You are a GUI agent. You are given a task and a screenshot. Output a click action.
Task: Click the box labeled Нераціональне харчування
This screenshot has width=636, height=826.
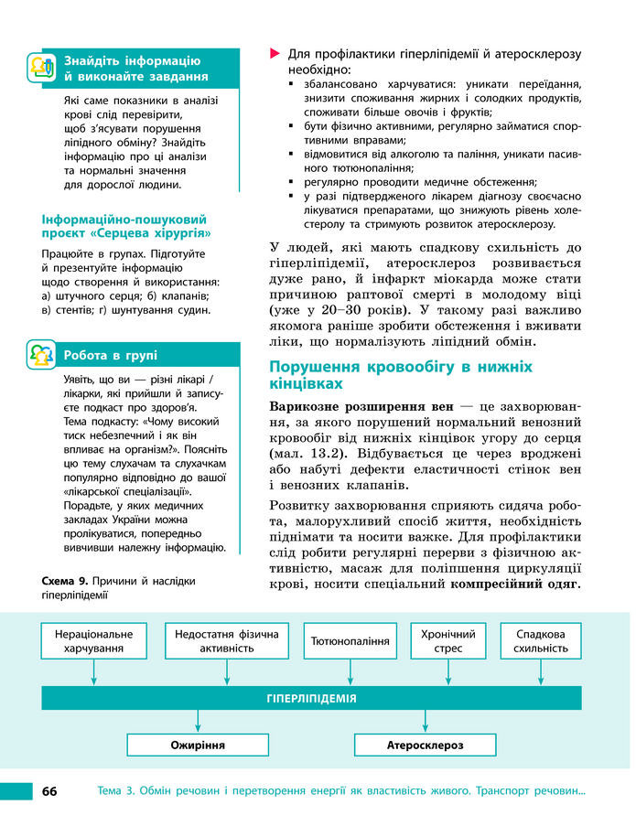93,640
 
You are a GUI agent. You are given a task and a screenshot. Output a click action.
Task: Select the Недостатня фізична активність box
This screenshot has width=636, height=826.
227,640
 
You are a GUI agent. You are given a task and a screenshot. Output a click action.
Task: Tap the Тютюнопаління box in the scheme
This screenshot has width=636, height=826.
350,640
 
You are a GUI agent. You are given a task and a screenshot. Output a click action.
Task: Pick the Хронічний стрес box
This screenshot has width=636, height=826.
448,640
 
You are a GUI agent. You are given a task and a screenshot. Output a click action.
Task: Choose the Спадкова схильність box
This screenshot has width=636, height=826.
541,640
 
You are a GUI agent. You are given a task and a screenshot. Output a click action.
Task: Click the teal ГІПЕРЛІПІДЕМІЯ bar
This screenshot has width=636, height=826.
311,698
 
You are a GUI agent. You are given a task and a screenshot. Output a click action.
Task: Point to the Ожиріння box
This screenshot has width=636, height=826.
198,745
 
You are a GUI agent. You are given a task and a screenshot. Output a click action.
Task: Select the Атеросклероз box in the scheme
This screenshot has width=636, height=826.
426,745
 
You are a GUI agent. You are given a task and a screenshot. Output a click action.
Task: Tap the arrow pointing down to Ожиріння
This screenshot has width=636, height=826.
198,721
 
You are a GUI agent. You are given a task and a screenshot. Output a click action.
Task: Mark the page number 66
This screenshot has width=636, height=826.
49,791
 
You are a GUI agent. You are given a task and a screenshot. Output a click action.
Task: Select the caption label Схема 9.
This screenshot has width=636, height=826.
65,581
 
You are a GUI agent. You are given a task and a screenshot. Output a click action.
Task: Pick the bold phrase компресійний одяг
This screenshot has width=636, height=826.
523,584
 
